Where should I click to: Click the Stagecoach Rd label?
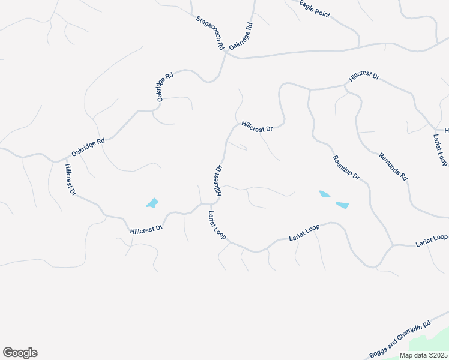(209, 33)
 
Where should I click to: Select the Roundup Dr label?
(346, 168)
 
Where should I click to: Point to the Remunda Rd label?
(393, 167)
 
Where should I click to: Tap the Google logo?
(20, 353)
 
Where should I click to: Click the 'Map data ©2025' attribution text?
(424, 355)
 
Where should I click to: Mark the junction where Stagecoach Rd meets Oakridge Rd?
(227, 55)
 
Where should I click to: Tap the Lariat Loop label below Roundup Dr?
(304, 231)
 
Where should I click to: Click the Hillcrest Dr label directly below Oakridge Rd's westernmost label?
(71, 179)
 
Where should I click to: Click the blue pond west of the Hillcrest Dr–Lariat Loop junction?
(153, 203)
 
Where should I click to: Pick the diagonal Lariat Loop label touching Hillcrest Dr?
(217, 226)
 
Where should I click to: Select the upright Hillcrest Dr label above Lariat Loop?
(218, 180)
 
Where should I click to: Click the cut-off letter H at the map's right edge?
(446, 130)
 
